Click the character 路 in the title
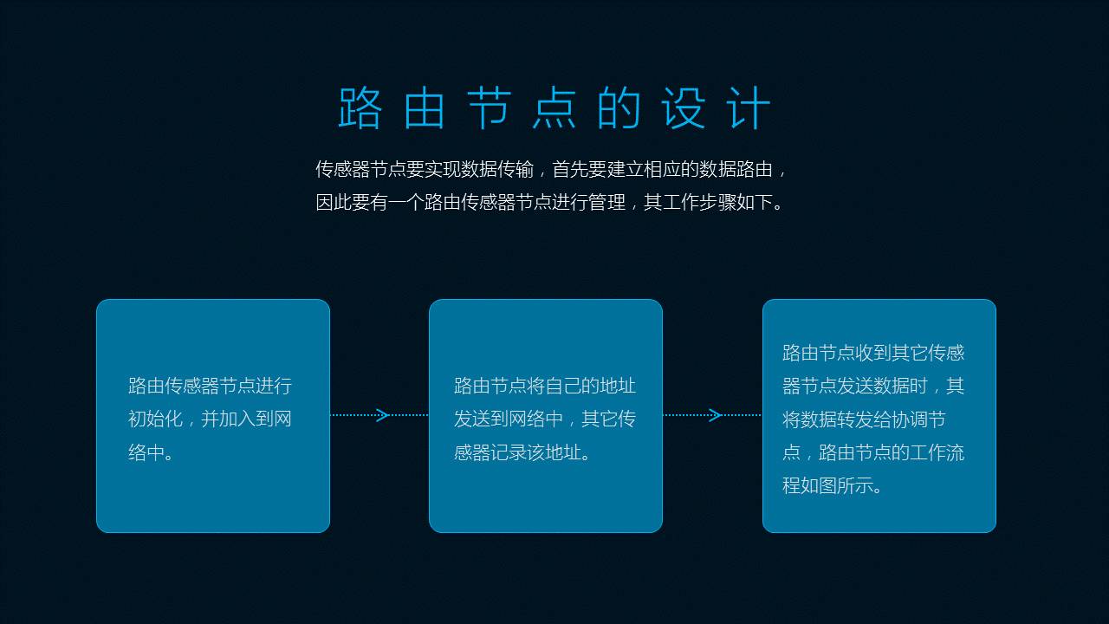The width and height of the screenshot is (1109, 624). click(x=360, y=109)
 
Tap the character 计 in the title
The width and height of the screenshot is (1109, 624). click(x=749, y=109)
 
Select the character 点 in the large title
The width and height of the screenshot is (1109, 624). click(x=554, y=109)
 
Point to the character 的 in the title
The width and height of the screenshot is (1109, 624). click(x=619, y=109)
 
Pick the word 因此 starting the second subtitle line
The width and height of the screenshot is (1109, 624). click(x=334, y=203)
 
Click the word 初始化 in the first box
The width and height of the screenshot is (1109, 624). click(x=155, y=419)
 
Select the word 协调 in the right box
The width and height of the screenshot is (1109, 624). click(x=910, y=419)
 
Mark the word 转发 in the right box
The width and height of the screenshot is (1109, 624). click(x=855, y=419)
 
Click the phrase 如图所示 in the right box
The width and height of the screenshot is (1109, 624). click(x=837, y=485)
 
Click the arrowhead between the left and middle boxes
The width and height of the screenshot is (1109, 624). click(x=383, y=415)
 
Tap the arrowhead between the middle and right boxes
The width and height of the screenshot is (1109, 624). click(x=715, y=415)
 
